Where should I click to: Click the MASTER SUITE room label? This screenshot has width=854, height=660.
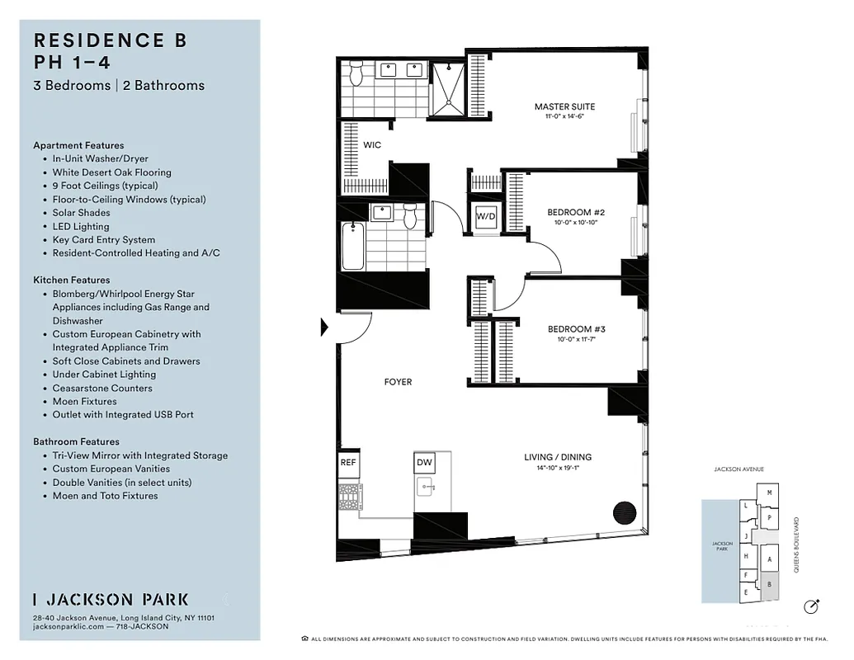[x=564, y=107]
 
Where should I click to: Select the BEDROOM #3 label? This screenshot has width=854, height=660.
[x=577, y=330]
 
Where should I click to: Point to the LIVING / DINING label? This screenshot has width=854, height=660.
[x=558, y=457]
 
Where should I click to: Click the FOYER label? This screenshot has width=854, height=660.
[x=398, y=382]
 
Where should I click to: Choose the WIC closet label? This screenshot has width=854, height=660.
[x=372, y=145]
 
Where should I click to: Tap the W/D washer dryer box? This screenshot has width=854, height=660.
[x=484, y=217]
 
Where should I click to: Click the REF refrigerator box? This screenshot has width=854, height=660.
[x=348, y=463]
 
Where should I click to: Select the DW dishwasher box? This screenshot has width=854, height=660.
[x=424, y=463]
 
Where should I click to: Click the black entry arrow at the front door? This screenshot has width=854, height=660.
[x=324, y=328]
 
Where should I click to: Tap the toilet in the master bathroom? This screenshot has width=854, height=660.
[x=356, y=74]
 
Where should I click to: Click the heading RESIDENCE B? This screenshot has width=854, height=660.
[x=110, y=40]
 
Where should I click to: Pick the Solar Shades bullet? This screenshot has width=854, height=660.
[x=81, y=213]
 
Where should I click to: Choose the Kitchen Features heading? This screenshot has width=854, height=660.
[x=72, y=280]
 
